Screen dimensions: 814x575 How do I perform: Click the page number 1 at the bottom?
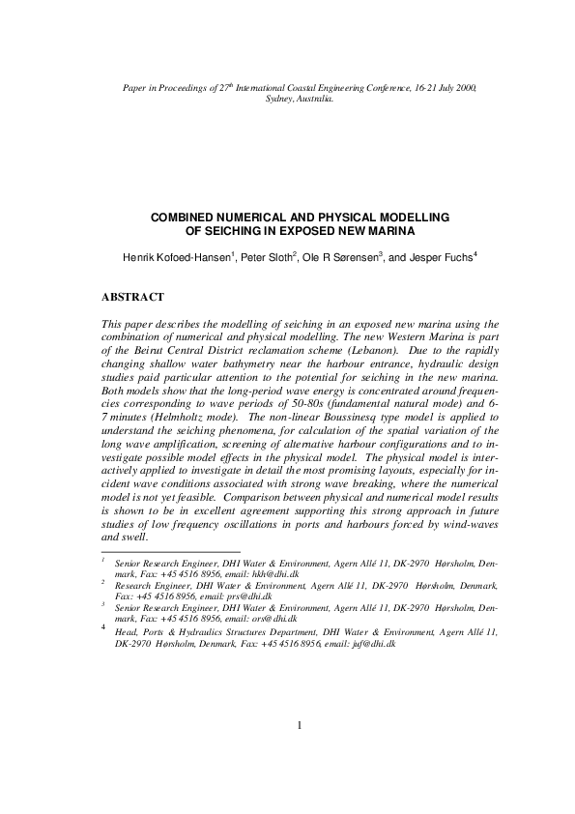tap(300, 753)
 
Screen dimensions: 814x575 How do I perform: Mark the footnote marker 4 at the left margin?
tap(103, 627)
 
